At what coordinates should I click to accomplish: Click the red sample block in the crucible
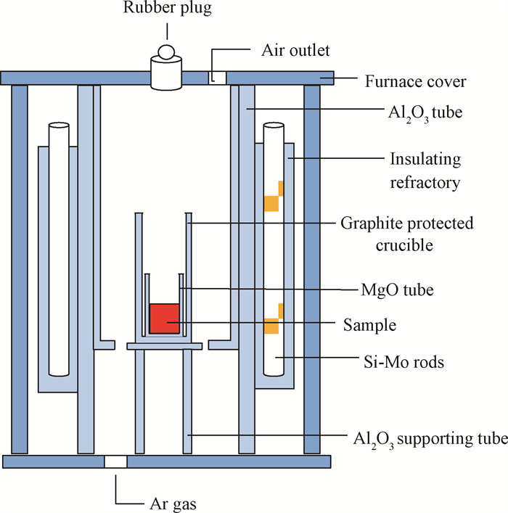point(164,319)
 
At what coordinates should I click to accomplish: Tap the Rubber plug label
point(167,8)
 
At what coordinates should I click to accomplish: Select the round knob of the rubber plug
point(166,52)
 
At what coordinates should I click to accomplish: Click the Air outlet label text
point(295,50)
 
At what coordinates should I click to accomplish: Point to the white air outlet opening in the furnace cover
point(217,78)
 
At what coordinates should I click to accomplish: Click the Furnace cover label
point(415,81)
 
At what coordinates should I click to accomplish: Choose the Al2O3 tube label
point(425,113)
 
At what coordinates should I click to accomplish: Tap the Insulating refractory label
point(425,171)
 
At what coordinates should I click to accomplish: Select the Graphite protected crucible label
point(407,234)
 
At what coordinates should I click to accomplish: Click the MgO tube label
point(397,290)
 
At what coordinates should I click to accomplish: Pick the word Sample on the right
point(369,325)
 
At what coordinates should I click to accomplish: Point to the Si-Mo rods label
point(403,362)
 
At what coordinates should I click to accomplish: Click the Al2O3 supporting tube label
point(430,439)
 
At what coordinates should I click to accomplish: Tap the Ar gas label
point(173,504)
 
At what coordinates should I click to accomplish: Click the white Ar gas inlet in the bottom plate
point(115,461)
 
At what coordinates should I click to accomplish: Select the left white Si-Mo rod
point(59,250)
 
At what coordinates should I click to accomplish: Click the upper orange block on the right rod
point(274,196)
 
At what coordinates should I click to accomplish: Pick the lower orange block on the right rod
point(274,319)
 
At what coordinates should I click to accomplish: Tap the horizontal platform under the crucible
point(164,346)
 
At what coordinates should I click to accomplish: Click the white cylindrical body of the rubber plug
point(166,74)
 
